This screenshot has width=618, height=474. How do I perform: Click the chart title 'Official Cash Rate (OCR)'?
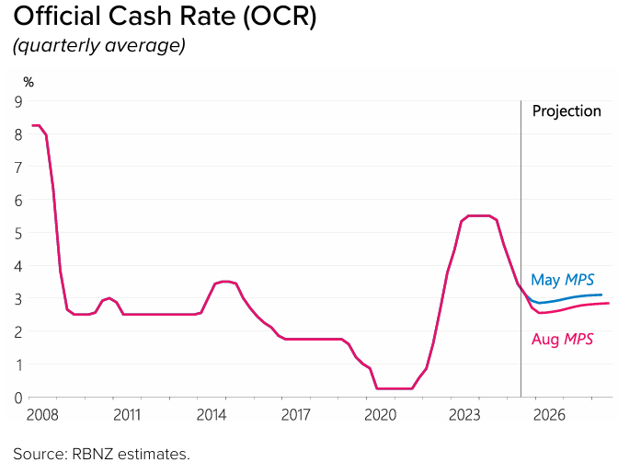tap(164, 18)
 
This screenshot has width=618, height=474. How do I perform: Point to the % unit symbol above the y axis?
tap(29, 82)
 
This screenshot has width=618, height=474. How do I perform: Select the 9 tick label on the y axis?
tap(17, 100)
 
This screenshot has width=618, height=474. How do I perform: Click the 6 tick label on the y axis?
tap(17, 200)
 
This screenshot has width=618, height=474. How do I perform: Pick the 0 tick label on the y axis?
tap(17, 398)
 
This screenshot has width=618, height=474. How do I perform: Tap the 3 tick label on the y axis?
tap(17, 298)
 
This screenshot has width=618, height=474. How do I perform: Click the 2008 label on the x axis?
tap(42, 415)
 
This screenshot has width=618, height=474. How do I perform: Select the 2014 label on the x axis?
tap(212, 415)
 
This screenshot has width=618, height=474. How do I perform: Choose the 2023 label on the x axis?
tap(465, 415)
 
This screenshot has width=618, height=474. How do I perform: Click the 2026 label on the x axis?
tap(551, 415)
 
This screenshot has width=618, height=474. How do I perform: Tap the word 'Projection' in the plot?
tap(566, 110)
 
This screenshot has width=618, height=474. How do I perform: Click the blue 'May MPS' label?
tap(562, 280)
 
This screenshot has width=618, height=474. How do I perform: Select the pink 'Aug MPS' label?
tap(562, 340)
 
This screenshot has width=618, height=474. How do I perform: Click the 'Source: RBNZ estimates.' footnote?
tap(101, 454)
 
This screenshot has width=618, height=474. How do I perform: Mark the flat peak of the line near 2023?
tap(480, 215)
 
